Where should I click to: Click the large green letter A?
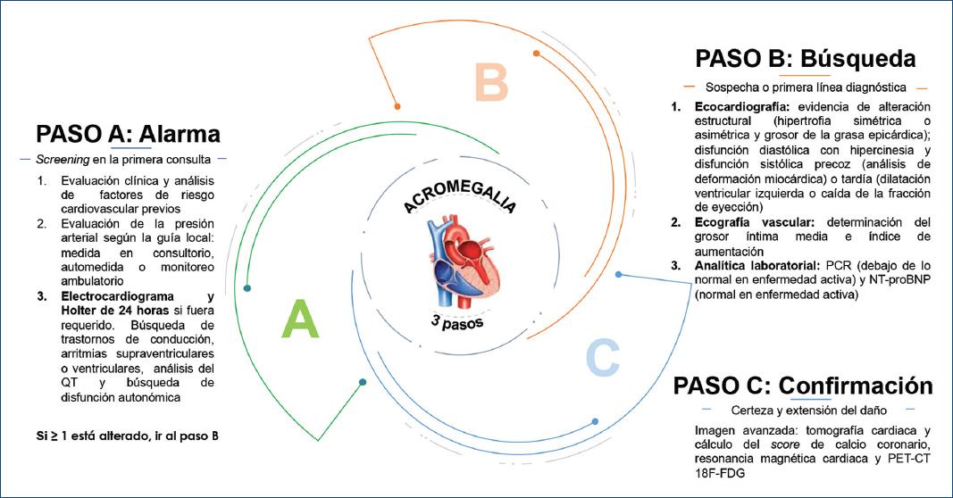(300, 320)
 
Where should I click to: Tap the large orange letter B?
(490, 83)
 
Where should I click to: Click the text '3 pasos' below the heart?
(456, 320)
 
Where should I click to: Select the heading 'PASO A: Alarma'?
(128, 134)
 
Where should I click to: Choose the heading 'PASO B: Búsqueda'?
(805, 60)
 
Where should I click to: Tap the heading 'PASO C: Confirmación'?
(803, 386)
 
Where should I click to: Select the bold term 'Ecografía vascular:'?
(747, 221)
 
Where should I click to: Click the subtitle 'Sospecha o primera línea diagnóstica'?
(806, 87)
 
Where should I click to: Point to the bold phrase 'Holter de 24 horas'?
(91, 311)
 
